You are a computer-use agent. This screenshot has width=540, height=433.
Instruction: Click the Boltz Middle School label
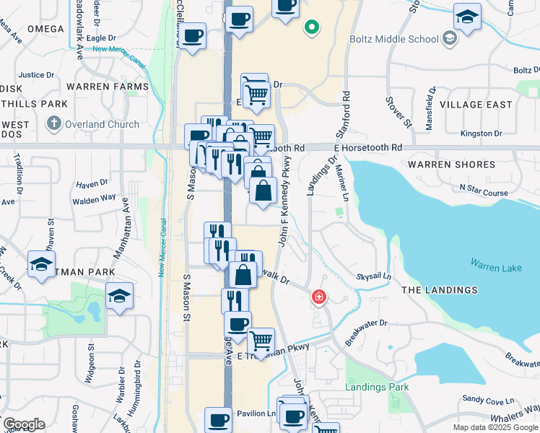pyautogui.click(x=393, y=39)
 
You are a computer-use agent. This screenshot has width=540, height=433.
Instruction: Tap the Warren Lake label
pyautogui.click(x=495, y=268)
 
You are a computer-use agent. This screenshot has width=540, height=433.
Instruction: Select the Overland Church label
pyautogui.click(x=103, y=124)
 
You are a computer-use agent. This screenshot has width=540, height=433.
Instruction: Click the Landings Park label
pyautogui.click(x=377, y=387)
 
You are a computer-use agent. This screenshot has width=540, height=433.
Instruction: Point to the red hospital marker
pyautogui.click(x=318, y=297)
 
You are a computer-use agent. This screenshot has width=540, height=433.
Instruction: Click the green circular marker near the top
pyautogui.click(x=311, y=28)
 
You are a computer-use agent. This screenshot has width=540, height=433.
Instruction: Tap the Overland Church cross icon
pyautogui.click(x=54, y=124)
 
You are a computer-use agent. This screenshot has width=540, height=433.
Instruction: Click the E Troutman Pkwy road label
pyautogui.click(x=277, y=347)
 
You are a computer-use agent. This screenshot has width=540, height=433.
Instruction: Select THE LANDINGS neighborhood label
pyautogui.click(x=439, y=290)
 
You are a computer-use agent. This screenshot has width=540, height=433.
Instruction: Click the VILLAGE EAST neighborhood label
pyautogui.click(x=476, y=105)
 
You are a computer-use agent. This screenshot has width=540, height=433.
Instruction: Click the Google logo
pyautogui.click(x=24, y=424)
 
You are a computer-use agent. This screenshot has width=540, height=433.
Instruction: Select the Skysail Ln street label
pyautogui.click(x=373, y=276)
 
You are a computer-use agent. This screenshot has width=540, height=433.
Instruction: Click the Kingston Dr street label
pyautogui.click(x=481, y=134)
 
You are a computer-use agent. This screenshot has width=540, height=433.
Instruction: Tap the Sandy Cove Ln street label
pyautogui.click(x=488, y=399)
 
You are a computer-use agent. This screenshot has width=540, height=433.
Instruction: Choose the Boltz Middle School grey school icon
pyautogui.click(x=450, y=38)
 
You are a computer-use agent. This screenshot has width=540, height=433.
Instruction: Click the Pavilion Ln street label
pyautogui.click(x=256, y=414)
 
